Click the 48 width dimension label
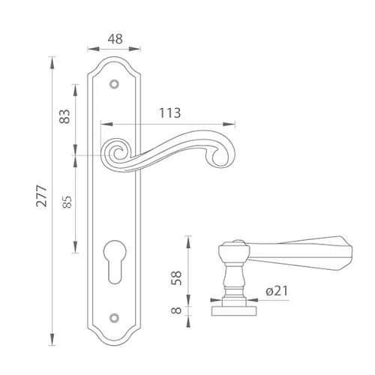tap(115, 39)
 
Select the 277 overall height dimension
tap(41, 196)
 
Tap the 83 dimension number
tap(64, 116)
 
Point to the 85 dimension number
tap(67, 202)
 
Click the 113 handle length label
tap(170, 113)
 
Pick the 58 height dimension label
tap(176, 277)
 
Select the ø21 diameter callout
tap(277, 291)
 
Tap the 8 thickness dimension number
tap(176, 310)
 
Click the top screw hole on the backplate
tap(114, 84)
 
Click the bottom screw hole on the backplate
tap(114, 317)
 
